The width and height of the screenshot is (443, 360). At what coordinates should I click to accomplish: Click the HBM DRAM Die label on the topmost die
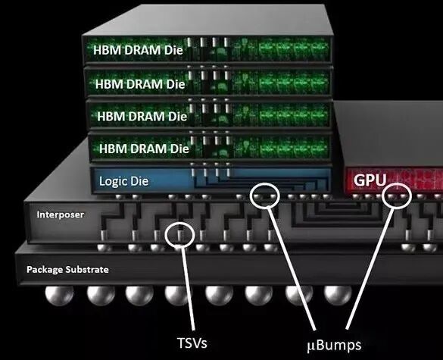(x=138, y=50)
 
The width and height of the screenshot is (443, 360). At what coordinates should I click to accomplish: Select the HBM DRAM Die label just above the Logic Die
(x=144, y=149)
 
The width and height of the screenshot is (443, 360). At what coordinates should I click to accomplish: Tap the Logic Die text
(x=123, y=181)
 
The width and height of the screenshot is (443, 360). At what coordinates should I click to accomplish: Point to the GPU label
(x=370, y=180)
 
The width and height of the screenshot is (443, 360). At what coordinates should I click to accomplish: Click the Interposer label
(x=60, y=214)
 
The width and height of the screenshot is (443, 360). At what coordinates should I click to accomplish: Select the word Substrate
(x=87, y=270)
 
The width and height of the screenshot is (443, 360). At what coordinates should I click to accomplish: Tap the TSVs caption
(x=192, y=343)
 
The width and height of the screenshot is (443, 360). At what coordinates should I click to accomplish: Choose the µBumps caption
(x=334, y=346)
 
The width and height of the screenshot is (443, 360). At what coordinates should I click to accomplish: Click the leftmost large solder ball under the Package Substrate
(x=59, y=296)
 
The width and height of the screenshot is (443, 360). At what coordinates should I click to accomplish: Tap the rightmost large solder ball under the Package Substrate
(x=338, y=296)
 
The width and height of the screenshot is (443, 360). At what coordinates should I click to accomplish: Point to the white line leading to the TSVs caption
(x=188, y=289)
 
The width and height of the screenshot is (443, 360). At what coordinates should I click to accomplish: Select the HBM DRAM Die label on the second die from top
(x=140, y=84)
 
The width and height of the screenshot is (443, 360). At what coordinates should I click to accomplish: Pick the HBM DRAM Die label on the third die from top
(x=142, y=117)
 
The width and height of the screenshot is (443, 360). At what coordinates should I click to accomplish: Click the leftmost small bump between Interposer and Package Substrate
(x=105, y=248)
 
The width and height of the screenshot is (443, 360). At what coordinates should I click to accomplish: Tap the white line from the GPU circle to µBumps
(x=370, y=268)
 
